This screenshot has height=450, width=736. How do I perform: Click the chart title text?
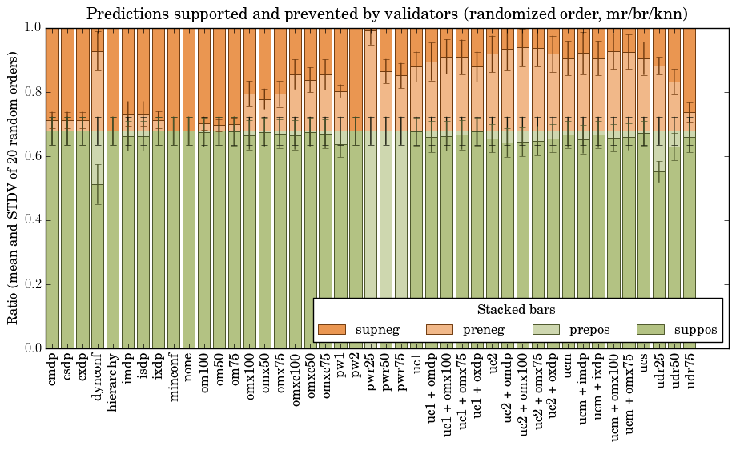(387, 14)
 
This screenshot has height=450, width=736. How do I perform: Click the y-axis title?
(14, 187)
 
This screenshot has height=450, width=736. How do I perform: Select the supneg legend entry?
(361, 330)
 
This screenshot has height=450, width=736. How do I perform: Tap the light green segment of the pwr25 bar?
(372, 240)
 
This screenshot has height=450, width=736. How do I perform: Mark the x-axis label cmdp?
(53, 370)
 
